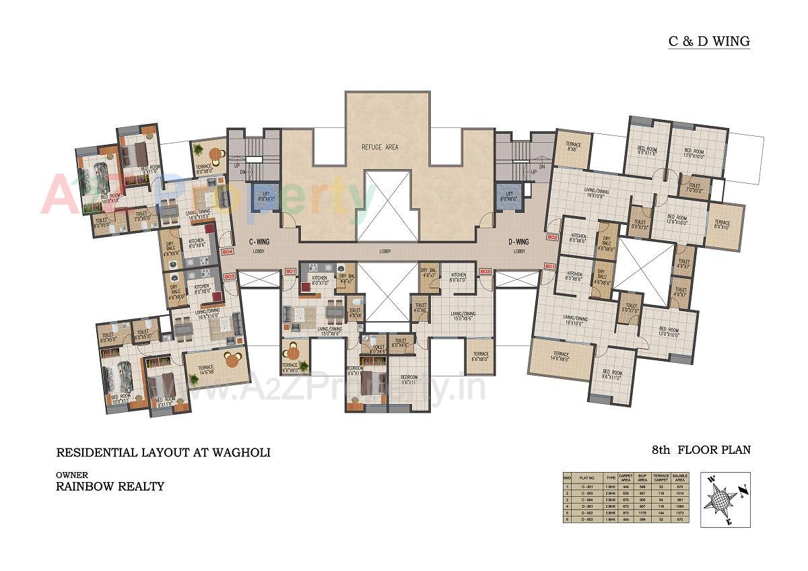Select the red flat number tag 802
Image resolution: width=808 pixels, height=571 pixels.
tap(552, 237)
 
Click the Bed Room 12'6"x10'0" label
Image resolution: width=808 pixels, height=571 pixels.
tap(678, 220)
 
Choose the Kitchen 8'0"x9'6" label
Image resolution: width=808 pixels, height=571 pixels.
tap(197, 243)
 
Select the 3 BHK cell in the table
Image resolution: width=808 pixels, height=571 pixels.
tap(611, 512)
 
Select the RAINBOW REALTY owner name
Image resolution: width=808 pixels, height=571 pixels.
tap(110, 486)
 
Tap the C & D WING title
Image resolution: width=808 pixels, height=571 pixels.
tap(708, 41)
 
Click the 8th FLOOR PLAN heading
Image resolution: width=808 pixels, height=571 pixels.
tap(700, 450)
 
